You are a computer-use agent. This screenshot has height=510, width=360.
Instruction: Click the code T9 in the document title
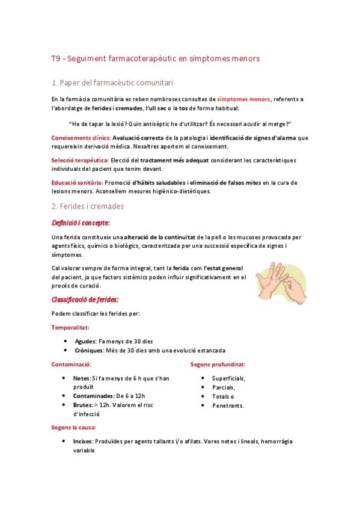pos(55,59)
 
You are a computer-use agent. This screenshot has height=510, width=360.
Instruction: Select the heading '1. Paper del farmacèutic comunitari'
pos(113,82)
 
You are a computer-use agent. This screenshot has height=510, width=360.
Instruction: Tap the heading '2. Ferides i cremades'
pos(87,206)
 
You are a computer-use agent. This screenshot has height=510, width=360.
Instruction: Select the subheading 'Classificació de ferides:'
pos(85,299)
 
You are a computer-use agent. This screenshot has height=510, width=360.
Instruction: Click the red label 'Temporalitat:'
pos(70,327)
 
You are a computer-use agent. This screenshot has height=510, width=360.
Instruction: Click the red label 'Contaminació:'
pos(71,364)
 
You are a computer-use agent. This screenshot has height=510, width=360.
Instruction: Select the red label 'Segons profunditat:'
pos(217,364)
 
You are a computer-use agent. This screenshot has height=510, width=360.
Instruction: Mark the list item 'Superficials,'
pos(228,378)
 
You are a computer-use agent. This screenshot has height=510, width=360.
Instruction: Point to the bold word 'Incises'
pos(83,441)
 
